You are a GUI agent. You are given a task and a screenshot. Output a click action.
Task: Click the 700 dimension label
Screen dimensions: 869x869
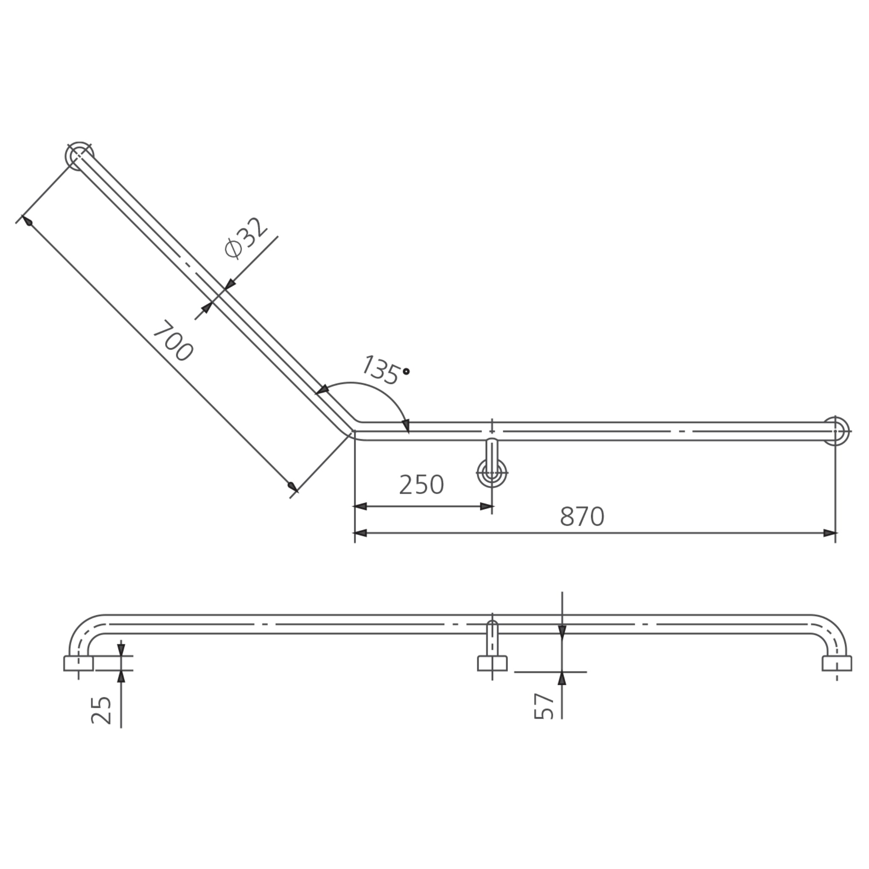point(173,341)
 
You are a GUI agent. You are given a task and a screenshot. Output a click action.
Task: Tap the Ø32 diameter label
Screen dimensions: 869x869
point(246,238)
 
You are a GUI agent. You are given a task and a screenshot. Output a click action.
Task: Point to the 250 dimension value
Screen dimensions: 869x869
point(421,485)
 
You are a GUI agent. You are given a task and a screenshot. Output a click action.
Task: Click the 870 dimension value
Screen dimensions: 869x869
point(582,517)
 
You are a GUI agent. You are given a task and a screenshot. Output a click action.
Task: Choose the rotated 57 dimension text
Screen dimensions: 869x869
point(544,706)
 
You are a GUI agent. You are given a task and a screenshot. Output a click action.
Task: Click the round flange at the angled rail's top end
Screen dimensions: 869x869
point(79,156)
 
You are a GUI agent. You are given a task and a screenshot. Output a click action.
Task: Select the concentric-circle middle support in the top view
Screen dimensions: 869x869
point(492,473)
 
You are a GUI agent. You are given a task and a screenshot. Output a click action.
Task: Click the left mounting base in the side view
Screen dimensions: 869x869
point(78,664)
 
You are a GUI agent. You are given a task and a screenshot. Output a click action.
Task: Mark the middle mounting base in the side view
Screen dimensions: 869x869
point(492,664)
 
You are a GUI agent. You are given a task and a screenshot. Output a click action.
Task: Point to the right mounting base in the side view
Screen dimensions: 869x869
point(837,664)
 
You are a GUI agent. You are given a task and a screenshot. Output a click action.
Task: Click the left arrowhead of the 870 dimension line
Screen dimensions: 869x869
point(360,533)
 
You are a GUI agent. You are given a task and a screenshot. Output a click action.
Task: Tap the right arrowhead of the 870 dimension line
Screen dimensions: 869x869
point(830,533)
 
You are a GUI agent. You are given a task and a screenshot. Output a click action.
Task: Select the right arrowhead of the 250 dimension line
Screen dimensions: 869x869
point(487,507)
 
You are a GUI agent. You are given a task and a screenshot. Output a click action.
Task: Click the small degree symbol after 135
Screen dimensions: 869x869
point(406,372)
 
